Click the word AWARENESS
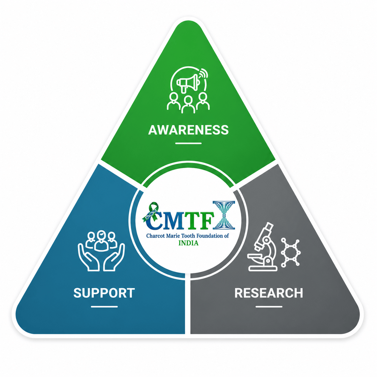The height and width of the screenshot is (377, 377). tap(188, 130)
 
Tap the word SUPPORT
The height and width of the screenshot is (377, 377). tap(104, 293)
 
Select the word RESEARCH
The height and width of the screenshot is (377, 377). tap(268, 293)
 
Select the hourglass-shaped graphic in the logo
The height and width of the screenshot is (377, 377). tap(224, 215)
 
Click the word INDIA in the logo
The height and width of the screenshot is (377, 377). tap(188, 243)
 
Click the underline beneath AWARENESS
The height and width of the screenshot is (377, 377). tap(188, 143)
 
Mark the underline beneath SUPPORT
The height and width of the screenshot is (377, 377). tap(104, 307)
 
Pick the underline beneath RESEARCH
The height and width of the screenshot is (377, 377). tap(268, 307)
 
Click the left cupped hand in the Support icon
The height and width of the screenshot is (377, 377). tap(88, 258)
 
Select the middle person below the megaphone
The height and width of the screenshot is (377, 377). tap(188, 105)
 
